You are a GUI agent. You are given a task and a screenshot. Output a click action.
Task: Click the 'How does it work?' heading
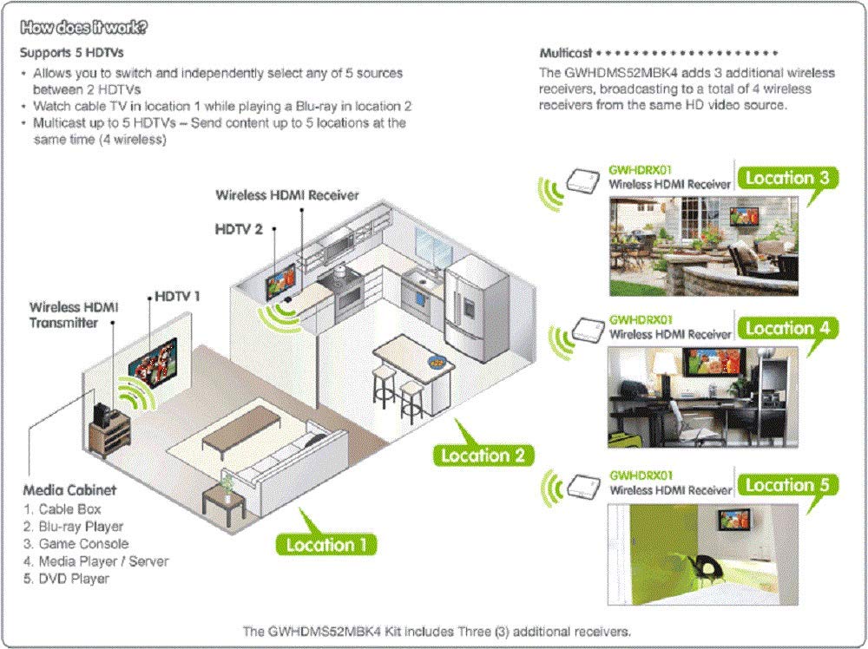pyautogui.click(x=83, y=26)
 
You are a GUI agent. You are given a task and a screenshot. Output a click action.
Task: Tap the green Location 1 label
pyautogui.click(x=320, y=544)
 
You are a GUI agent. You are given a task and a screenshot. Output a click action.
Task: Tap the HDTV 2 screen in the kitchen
pyautogui.click(x=280, y=276)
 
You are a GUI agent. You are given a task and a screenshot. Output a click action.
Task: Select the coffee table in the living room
pyautogui.click(x=240, y=428)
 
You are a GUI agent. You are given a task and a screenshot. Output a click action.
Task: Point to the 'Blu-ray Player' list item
pyautogui.click(x=81, y=526)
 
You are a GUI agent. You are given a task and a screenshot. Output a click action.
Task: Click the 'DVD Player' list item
pyautogui.click(x=74, y=578)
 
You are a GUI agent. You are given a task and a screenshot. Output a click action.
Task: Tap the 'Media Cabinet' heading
pyautogui.click(x=69, y=490)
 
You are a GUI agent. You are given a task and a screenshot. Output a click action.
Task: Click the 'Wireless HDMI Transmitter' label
pyautogui.click(x=73, y=314)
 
